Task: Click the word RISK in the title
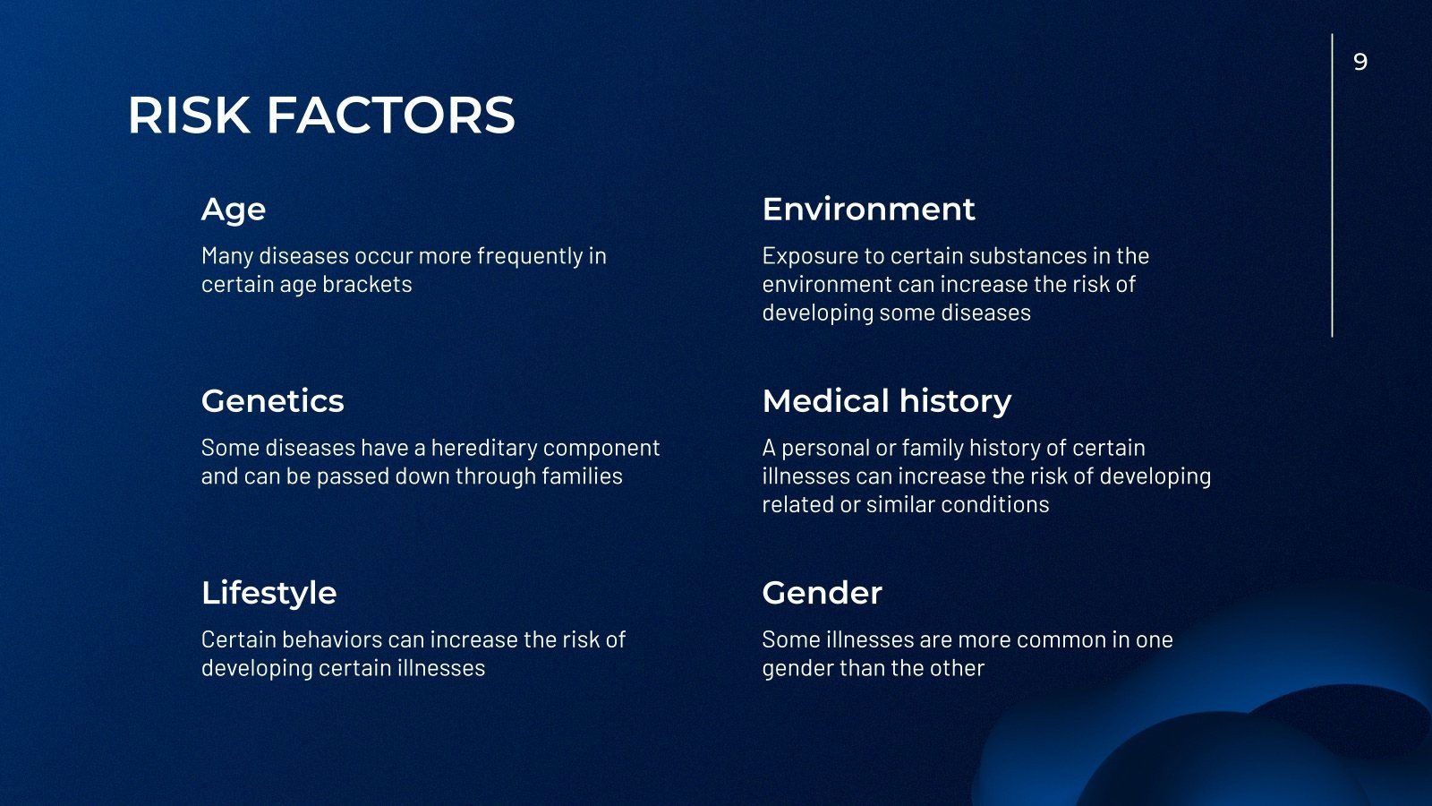[x=189, y=116]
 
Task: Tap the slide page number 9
[x=1360, y=62]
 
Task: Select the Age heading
[x=234, y=210]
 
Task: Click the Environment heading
[x=868, y=209]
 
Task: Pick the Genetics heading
[x=272, y=400]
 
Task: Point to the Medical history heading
[x=886, y=400]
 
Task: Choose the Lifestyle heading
[x=268, y=592]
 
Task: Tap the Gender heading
[x=822, y=592]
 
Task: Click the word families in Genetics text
[x=582, y=476]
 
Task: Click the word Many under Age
[x=226, y=256]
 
